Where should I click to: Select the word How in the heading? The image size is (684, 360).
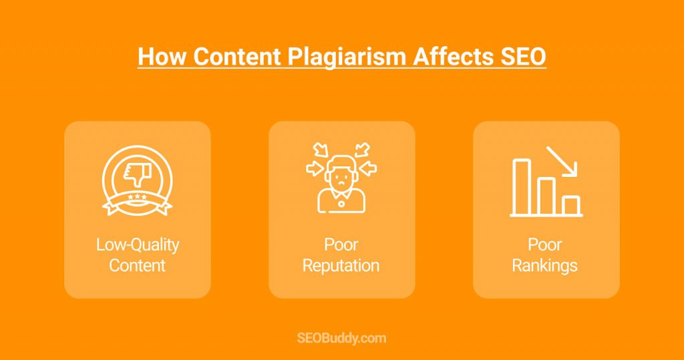(162, 57)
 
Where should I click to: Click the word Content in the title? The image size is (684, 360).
(237, 57)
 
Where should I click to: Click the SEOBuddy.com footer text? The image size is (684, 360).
(341, 338)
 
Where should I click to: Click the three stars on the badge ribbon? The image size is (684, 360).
(138, 197)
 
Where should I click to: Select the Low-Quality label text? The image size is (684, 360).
(138, 245)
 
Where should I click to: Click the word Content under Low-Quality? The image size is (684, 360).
(138, 265)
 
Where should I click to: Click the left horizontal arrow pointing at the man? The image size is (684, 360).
(314, 168)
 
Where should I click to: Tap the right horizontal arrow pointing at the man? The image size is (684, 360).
(369, 168)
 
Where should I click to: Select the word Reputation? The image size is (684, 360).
(341, 266)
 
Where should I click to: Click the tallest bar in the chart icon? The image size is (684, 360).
(522, 187)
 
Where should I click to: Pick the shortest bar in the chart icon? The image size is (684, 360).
(571, 206)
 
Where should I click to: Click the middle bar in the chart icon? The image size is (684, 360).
(546, 196)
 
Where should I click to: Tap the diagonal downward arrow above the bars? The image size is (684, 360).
(562, 161)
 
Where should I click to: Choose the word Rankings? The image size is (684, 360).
(545, 266)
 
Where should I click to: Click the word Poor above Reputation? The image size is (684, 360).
(341, 245)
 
